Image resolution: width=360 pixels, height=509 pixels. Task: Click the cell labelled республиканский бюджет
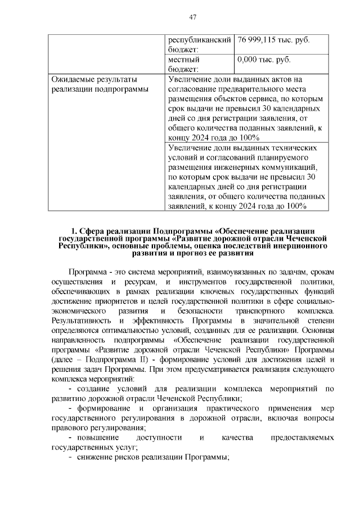coord(200,46)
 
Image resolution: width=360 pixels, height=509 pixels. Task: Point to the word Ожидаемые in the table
coord(74,79)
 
